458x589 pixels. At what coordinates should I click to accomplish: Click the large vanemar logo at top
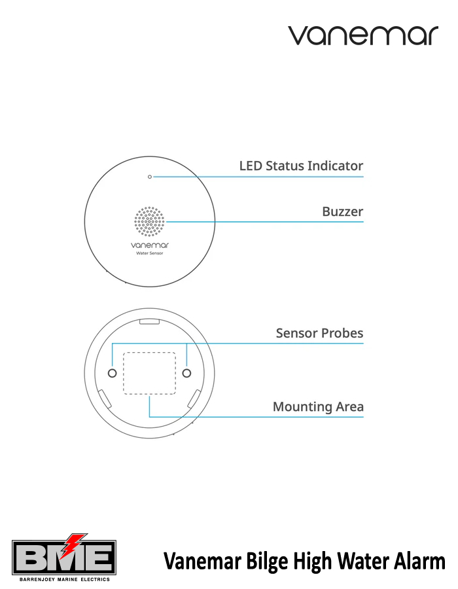click(363, 35)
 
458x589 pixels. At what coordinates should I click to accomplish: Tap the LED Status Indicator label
click(301, 166)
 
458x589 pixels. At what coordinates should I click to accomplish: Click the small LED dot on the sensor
click(150, 177)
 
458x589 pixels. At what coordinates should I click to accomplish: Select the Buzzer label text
click(342, 211)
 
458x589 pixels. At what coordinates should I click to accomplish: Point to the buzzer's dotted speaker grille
click(149, 222)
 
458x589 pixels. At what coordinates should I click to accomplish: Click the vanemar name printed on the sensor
click(150, 245)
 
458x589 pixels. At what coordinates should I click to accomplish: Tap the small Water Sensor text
click(150, 253)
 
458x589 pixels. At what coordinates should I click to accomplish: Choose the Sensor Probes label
click(319, 333)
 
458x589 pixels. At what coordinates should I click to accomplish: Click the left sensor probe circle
click(113, 373)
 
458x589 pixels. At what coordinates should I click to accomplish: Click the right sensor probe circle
click(186, 373)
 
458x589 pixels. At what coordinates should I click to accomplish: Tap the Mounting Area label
click(318, 407)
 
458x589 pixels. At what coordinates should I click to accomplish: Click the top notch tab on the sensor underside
click(149, 321)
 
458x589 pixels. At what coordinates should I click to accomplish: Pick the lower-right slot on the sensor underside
click(194, 399)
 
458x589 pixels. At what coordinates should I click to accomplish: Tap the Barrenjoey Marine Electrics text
click(65, 580)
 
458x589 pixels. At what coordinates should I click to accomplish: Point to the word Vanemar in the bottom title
click(202, 562)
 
